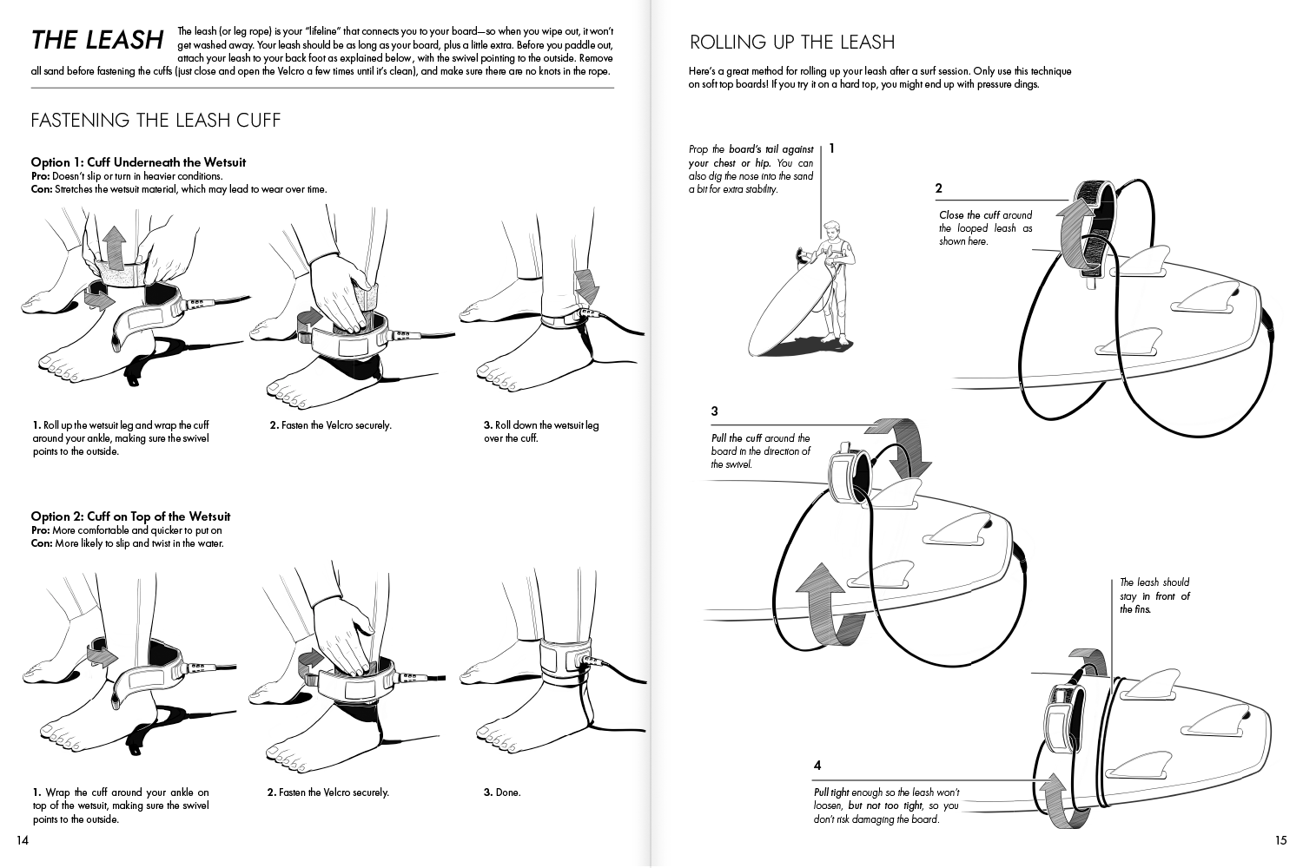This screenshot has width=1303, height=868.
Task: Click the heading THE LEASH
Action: click(96, 40)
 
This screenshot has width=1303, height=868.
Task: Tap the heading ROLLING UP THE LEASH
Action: click(791, 42)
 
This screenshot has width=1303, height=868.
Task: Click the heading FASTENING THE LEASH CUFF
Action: click(155, 120)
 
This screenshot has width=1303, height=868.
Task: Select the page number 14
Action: click(23, 839)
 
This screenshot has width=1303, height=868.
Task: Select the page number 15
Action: click(1280, 839)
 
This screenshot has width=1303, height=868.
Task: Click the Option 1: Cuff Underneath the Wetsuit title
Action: click(138, 162)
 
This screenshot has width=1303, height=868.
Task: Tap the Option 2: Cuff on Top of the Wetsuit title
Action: click(130, 516)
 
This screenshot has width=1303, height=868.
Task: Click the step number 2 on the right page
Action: click(939, 188)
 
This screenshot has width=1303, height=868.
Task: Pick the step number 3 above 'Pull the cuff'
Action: click(714, 411)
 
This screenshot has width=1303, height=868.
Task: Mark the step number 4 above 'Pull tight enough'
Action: click(817, 766)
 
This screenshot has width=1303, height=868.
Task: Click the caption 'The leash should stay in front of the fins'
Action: click(1154, 595)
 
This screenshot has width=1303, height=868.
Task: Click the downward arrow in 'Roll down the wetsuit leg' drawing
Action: click(586, 285)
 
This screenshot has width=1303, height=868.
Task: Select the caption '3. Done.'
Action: click(502, 792)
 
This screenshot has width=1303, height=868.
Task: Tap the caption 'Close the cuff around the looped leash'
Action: click(985, 227)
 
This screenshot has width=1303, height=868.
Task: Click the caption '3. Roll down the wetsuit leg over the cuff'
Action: click(540, 431)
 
